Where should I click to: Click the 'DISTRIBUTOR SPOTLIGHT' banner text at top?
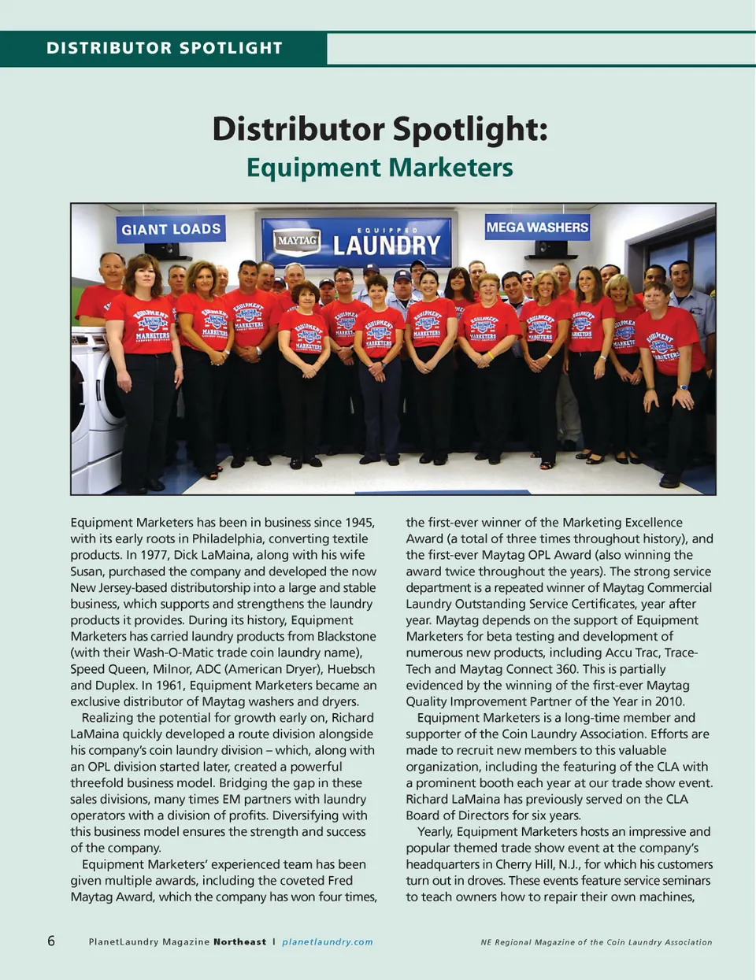[164, 48]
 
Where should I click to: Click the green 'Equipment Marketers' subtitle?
[380, 168]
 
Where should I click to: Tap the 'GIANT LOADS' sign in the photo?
[171, 229]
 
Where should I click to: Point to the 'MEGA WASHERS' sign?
[537, 227]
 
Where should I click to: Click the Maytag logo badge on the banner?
[297, 241]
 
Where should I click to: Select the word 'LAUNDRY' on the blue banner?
[386, 246]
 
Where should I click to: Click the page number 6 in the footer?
[51, 941]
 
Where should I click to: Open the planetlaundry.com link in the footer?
[328, 941]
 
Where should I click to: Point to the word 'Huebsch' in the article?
[350, 669]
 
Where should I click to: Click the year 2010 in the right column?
[669, 701]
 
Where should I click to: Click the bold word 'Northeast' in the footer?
[239, 941]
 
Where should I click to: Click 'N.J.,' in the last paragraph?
[567, 864]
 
